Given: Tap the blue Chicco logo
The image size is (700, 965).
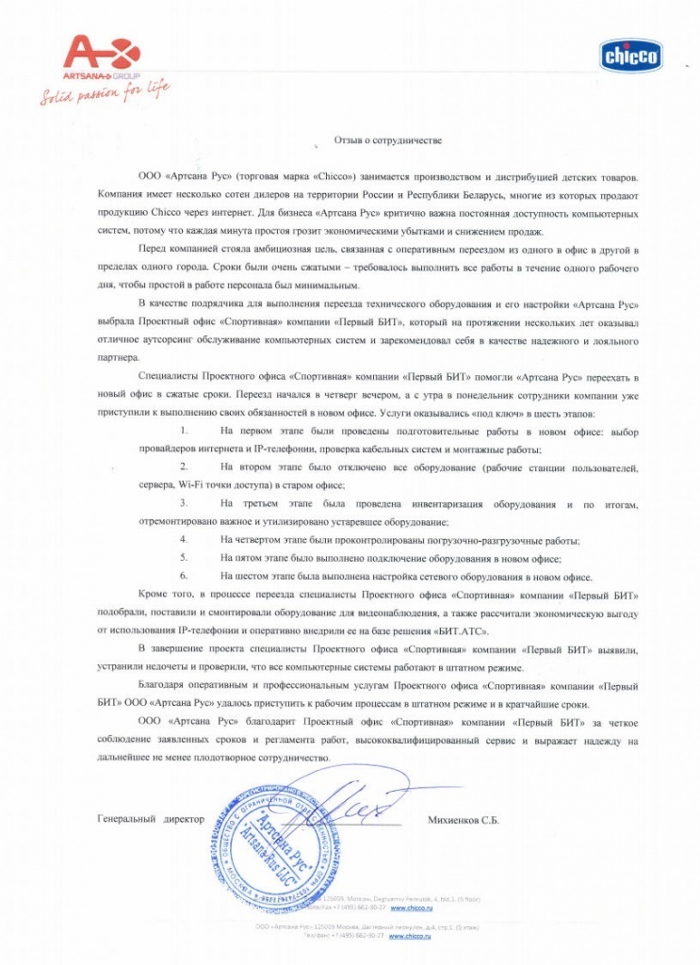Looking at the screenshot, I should pyautogui.click(x=631, y=57).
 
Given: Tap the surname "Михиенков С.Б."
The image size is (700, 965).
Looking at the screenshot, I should pyautogui.click(x=463, y=820).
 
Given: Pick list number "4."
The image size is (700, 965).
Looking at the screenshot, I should pyautogui.click(x=185, y=540).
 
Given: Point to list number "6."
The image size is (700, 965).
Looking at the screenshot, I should pyautogui.click(x=185, y=576).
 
